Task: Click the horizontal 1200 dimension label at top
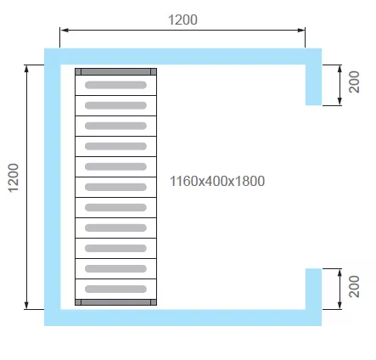pos(182,20)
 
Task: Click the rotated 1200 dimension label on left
pos(14,178)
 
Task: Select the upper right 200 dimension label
pos(354,82)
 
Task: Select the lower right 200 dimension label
pos(354,286)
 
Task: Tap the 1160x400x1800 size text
pos(217,181)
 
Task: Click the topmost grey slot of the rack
pos(115,85)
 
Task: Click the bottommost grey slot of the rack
pos(115,289)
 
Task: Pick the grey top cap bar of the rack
pos(115,71)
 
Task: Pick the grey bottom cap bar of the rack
pos(115,302)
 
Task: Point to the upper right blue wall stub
pos(313,85)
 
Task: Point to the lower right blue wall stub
pos(313,289)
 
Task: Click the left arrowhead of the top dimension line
pos(65,30)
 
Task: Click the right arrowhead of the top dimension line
pos(300,30)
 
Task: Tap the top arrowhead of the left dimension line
pos(26,69)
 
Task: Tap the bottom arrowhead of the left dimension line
pos(26,305)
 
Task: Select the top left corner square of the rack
pos(78,71)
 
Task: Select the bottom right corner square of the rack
pos(154,302)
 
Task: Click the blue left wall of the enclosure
pos(53,187)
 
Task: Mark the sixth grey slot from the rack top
pos(115,187)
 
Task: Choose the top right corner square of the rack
pos(154,71)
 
